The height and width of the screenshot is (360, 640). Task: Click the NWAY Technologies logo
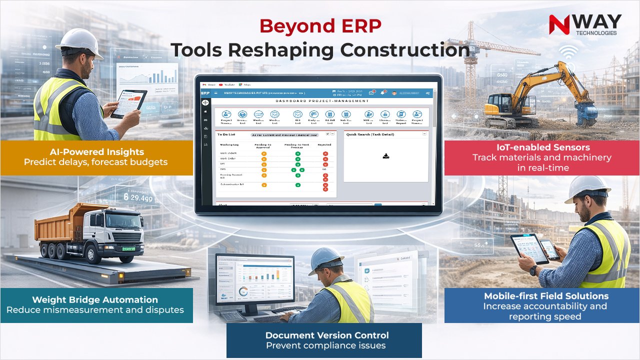[x=584, y=24]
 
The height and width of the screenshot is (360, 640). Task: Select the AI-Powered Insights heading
[x=97, y=151]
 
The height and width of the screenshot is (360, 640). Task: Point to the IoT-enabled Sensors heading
[x=542, y=147]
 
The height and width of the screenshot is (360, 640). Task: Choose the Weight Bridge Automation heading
[x=95, y=299]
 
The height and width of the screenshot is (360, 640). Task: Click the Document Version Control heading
[x=327, y=335]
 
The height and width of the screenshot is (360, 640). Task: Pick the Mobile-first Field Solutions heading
[x=546, y=296]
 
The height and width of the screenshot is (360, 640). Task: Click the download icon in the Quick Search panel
[x=386, y=156]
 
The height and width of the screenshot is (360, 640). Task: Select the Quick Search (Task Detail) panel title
[x=370, y=134]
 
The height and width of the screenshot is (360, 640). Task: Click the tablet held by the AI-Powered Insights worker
[x=129, y=103]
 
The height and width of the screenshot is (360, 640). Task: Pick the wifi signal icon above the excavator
[x=567, y=52]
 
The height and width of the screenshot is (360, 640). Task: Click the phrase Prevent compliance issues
[x=325, y=345]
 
